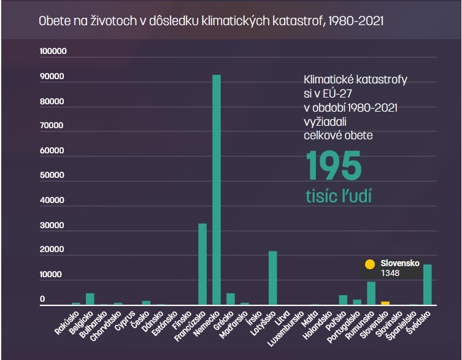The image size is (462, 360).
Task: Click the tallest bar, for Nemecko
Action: point(217,190)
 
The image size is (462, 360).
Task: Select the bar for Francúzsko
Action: point(202,264)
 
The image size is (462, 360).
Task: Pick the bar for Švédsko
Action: point(427,285)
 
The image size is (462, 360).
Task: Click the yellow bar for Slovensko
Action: point(385,303)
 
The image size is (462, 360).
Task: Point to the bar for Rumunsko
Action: point(371,293)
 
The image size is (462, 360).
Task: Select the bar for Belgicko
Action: point(90,299)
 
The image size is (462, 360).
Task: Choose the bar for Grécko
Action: point(231,299)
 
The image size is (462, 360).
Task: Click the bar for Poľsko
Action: point(343,300)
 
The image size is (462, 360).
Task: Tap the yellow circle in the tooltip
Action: point(369,264)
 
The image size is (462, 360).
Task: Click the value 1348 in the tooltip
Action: point(390,273)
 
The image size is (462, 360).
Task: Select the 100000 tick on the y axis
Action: point(53,52)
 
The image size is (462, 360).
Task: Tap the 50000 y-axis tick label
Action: point(53,176)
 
